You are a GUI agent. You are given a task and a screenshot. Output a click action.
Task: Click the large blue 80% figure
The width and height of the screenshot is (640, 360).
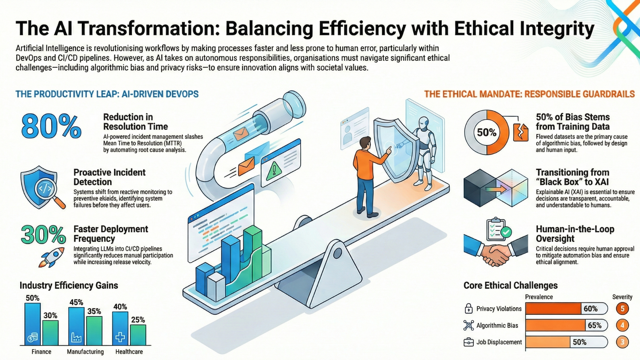pos(51,126)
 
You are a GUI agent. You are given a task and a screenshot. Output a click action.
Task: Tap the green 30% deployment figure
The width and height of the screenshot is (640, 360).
pos(43,235)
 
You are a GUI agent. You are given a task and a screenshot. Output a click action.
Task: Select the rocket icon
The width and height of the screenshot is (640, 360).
pos(51,257)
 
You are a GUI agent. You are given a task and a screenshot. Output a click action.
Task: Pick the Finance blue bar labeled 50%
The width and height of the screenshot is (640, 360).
pos(33,324)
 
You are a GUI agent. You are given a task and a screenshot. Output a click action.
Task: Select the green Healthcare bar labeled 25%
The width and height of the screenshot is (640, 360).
pos(138,335)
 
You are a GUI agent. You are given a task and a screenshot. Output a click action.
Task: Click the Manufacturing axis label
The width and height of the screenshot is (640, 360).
pos(85,352)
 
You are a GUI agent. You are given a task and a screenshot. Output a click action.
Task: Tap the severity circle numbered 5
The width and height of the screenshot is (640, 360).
pos(622,309)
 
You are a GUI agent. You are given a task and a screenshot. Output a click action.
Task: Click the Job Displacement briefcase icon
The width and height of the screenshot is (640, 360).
pos(469,342)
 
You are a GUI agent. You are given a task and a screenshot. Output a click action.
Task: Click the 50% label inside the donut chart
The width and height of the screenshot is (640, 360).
pos(487,133)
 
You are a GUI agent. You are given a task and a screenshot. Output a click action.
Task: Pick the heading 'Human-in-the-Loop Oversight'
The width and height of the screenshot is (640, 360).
pos(575,234)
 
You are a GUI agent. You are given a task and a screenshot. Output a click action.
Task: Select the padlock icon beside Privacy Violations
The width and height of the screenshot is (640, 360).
pos(469,309)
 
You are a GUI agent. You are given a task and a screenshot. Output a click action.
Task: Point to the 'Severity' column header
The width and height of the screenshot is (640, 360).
pos(622,297)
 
